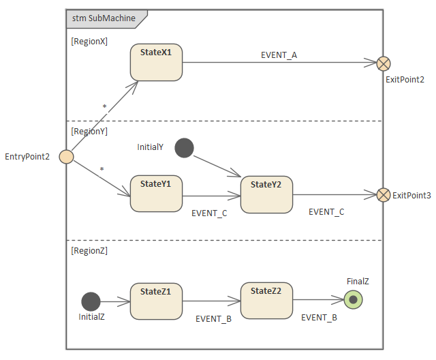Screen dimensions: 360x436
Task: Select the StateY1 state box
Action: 156,194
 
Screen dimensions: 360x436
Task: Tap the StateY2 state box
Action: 266,194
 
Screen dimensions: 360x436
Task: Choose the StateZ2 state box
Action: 266,301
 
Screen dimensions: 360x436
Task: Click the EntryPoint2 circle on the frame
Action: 66,157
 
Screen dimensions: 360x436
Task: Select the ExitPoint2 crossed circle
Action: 384,63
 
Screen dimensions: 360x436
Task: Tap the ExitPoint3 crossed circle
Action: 384,195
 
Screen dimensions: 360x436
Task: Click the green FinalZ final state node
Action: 353,299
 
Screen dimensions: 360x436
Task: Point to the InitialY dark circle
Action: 184,147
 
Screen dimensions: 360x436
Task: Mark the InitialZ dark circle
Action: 91,301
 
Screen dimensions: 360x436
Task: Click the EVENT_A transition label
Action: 279,55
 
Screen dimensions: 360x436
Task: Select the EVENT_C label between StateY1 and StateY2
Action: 209,213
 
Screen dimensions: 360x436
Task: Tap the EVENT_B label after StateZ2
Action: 319,317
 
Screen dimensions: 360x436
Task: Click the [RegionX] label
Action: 89,42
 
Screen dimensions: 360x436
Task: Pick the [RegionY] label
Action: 89,132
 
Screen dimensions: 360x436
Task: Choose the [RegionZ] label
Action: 89,250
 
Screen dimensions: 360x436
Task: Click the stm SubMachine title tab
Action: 104,18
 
